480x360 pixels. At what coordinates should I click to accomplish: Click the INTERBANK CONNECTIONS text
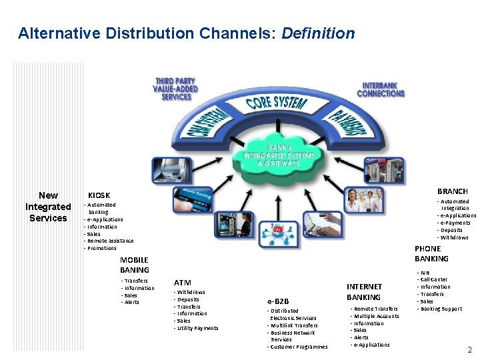[381, 89]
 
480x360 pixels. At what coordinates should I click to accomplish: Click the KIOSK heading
[99, 195]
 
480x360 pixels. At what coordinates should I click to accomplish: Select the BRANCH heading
[452, 191]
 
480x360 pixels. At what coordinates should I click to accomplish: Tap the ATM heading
[183, 283]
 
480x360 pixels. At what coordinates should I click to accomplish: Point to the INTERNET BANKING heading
[364, 292]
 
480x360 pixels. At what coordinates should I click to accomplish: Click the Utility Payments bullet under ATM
[197, 328]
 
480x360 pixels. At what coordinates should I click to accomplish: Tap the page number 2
[469, 350]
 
